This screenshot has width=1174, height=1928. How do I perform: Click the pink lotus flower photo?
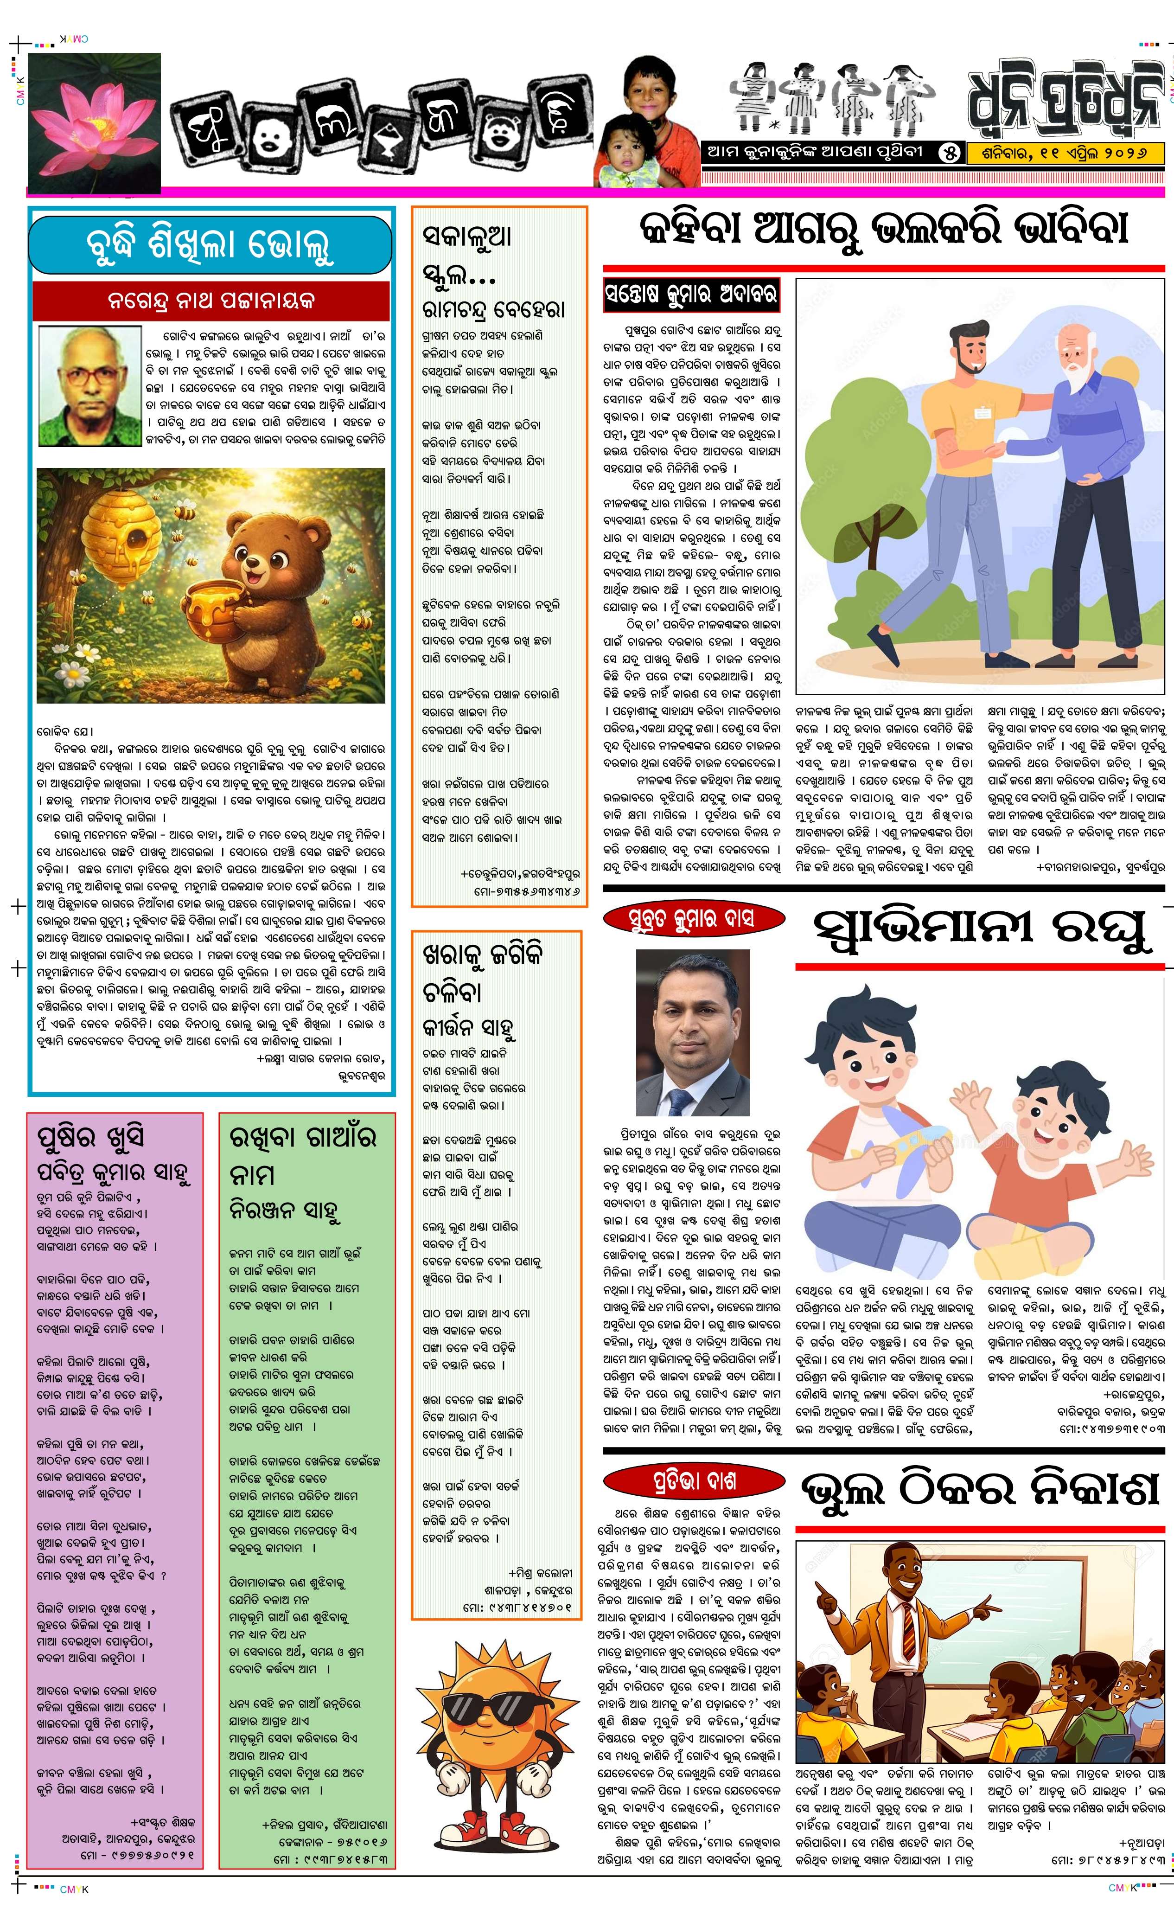[94, 121]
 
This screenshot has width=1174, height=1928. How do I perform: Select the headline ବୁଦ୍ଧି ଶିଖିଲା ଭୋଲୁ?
[210, 245]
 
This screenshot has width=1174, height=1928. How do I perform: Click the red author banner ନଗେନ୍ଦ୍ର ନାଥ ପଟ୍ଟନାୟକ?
[211, 301]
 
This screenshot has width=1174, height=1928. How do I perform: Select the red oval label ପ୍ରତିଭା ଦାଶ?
[694, 1481]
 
